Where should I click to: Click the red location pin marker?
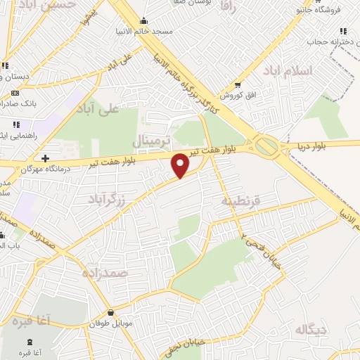181,165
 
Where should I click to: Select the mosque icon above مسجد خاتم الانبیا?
144,20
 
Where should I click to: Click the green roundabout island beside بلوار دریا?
266,146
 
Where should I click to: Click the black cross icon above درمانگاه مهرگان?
46,158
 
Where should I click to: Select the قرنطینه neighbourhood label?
240,201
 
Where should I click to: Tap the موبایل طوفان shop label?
111,324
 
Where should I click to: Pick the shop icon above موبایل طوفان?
111,312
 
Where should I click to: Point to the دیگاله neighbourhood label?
311,329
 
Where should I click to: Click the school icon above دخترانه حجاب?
343,31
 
